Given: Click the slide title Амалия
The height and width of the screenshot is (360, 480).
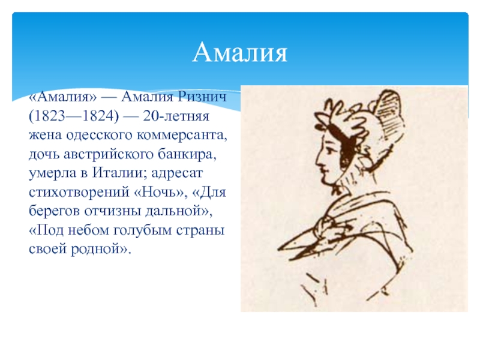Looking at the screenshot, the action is (x=240, y=52).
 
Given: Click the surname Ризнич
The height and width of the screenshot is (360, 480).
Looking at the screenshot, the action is (x=202, y=97).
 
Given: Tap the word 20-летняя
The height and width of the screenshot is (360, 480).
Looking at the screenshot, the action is (x=176, y=116).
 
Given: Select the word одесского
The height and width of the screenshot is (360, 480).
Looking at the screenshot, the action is (x=99, y=135).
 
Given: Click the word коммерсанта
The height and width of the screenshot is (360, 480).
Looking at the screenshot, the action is (x=182, y=136).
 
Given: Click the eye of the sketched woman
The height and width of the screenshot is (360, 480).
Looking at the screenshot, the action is (x=329, y=151).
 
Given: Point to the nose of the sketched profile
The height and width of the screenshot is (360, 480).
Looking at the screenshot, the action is (x=319, y=161).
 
